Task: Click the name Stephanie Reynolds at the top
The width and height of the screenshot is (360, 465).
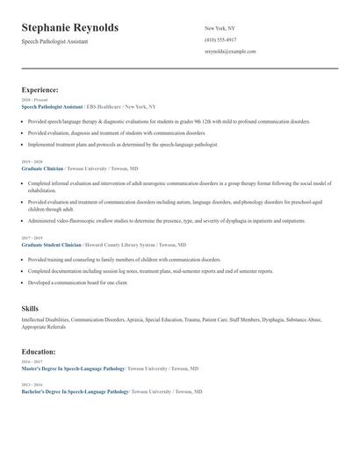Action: (x=70, y=28)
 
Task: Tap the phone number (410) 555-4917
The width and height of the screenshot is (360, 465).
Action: (x=220, y=40)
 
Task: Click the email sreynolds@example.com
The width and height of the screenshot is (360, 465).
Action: (x=230, y=52)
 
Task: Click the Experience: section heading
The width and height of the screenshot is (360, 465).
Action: (x=40, y=89)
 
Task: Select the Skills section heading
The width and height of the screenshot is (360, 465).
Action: (x=30, y=309)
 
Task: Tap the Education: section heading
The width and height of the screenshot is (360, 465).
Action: (x=39, y=351)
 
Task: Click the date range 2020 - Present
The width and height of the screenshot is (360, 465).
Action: (x=33, y=100)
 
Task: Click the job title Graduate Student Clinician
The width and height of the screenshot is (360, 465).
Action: (x=51, y=245)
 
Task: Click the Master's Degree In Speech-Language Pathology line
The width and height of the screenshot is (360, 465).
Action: (x=74, y=369)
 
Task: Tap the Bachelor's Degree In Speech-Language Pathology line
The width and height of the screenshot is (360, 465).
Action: (x=76, y=391)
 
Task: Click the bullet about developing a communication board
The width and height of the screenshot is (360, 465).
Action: (x=78, y=283)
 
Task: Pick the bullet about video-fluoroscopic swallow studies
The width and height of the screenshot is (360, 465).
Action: (x=167, y=221)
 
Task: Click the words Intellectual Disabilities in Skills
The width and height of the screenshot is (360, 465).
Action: (x=45, y=320)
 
